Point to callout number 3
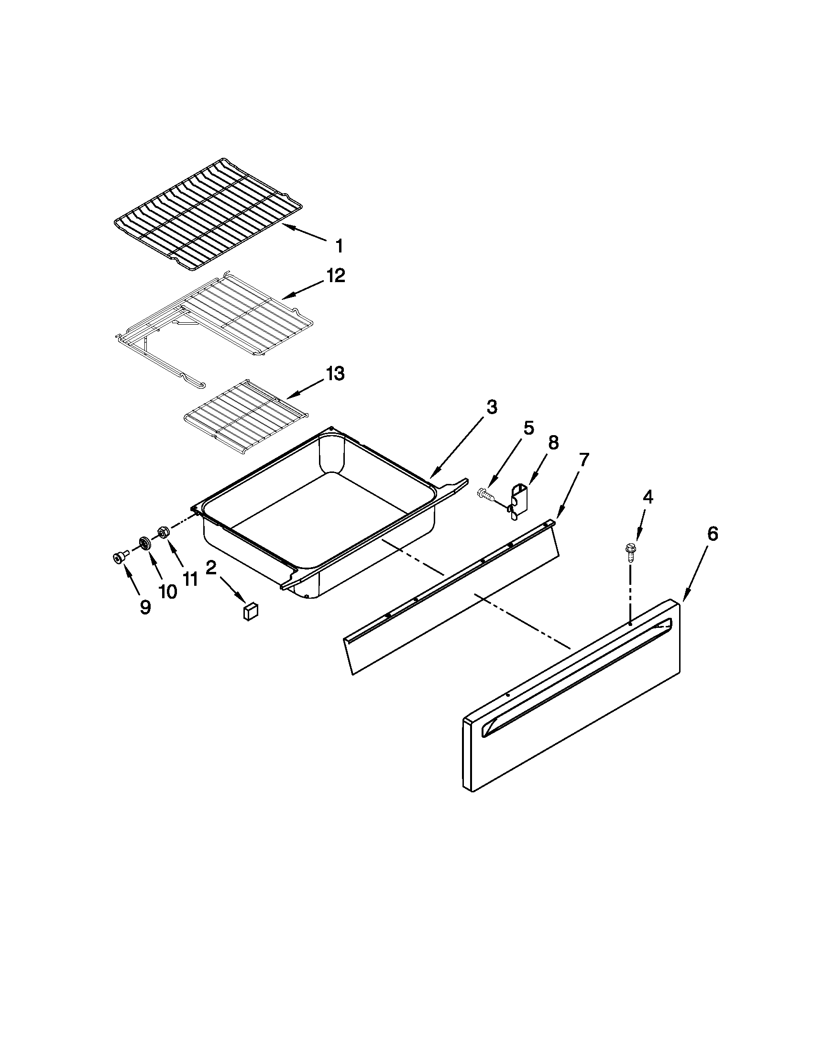tap(491, 407)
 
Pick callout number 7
tap(583, 460)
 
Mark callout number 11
tap(190, 579)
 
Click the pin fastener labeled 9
tap(118, 558)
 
